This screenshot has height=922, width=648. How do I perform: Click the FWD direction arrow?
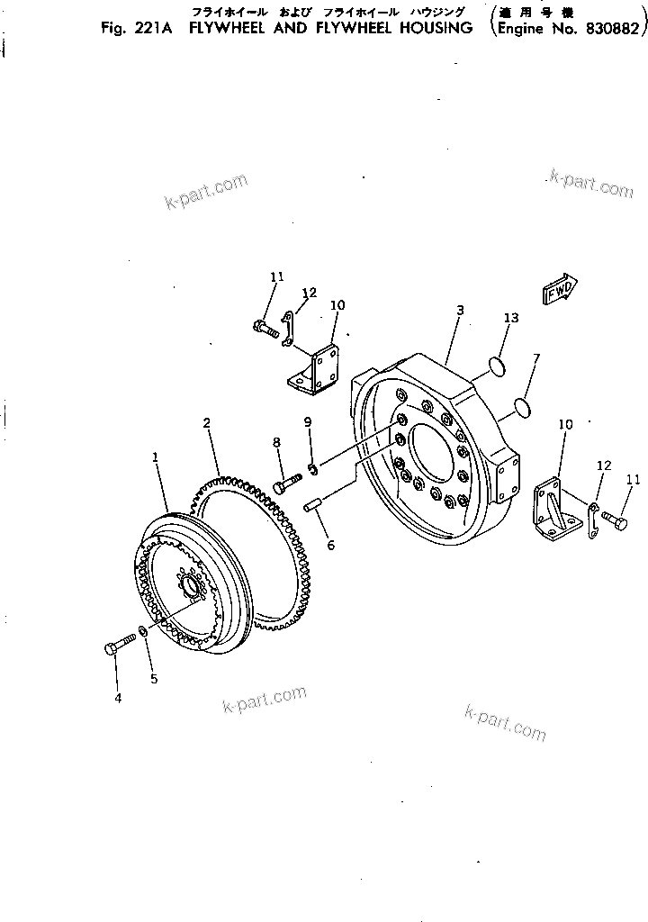tap(559, 292)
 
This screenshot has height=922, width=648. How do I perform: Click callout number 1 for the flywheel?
tap(156, 457)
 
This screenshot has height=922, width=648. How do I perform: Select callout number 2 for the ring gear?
tap(206, 421)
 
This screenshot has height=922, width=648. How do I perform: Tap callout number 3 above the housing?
tap(459, 310)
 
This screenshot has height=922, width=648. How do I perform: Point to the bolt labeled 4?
tap(121, 644)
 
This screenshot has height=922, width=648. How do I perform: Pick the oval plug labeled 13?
tap(494, 365)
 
